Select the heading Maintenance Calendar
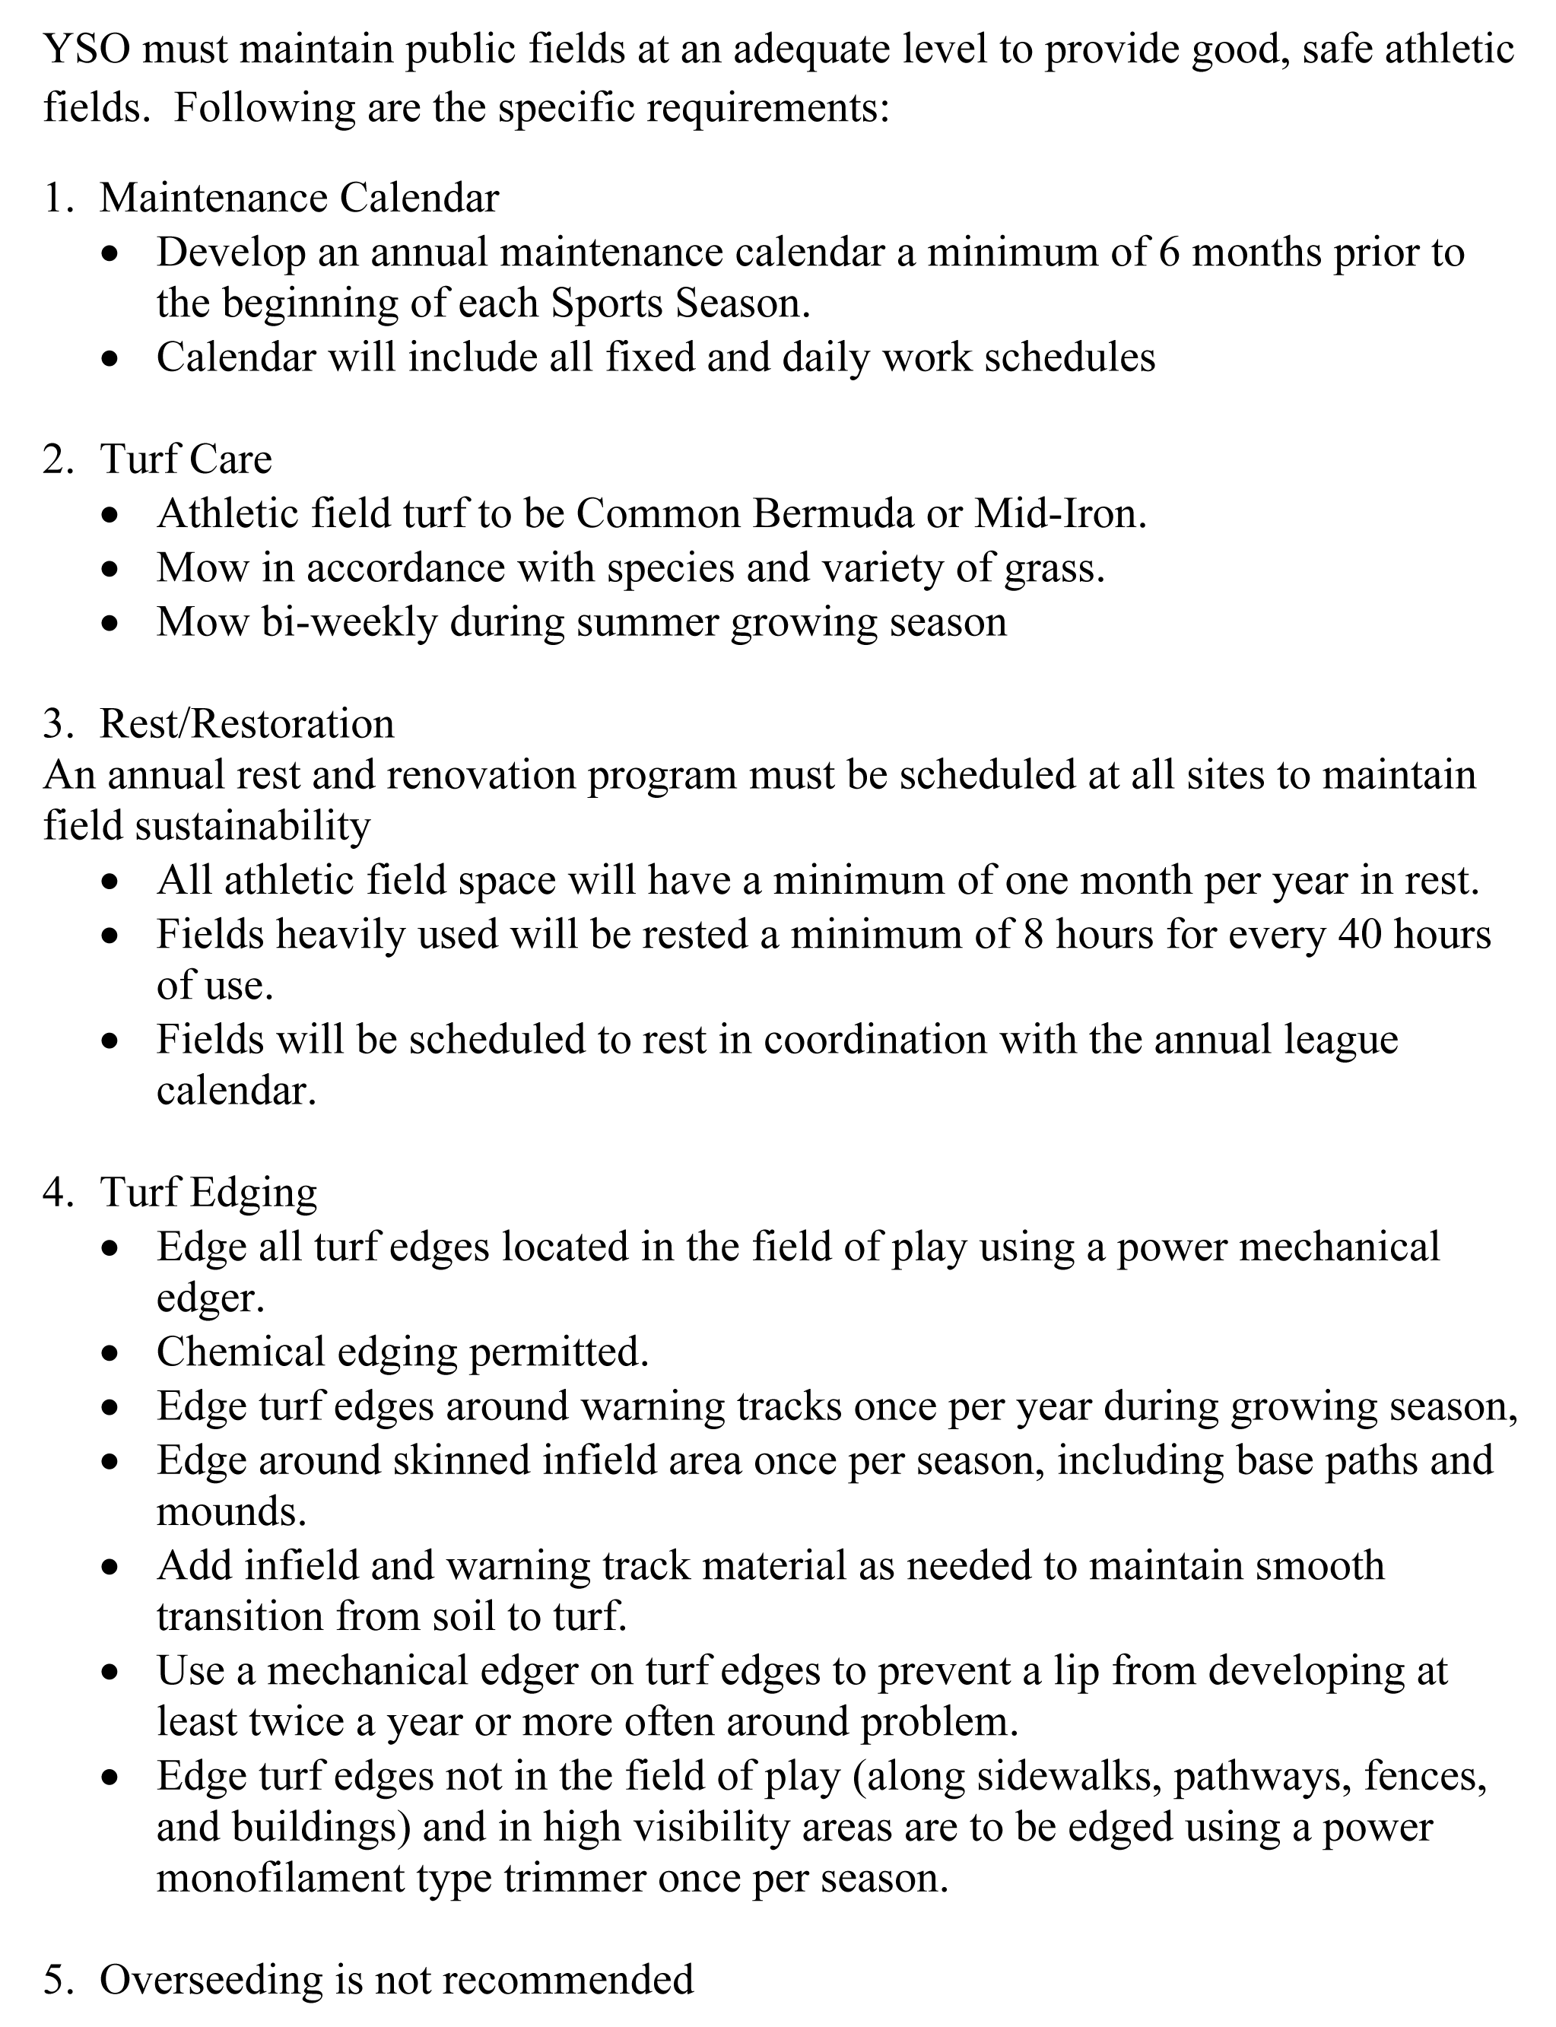tap(299, 197)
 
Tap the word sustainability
tap(252, 824)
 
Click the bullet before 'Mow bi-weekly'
tap(110, 623)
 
